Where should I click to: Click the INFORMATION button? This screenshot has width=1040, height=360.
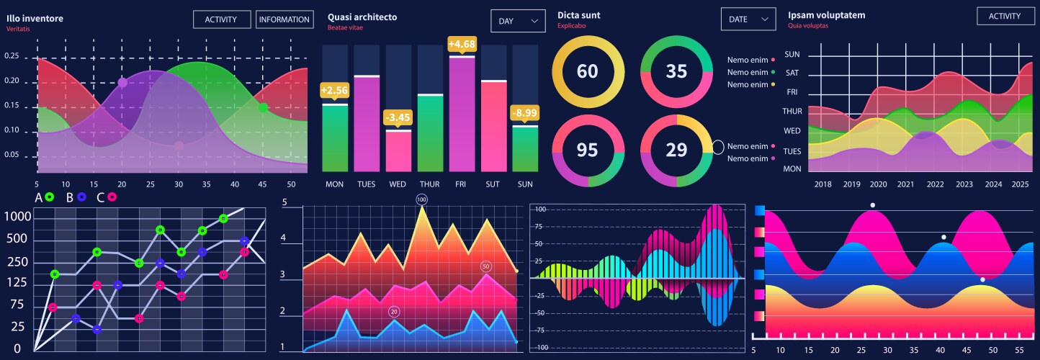pyautogui.click(x=284, y=19)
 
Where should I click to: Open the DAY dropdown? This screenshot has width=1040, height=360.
pyautogui.click(x=518, y=21)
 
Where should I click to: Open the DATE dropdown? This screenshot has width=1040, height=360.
pyautogui.click(x=748, y=19)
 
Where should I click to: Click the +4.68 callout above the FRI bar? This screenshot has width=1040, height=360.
pyautogui.click(x=462, y=45)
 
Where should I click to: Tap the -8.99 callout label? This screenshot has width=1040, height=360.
pyautogui.click(x=524, y=113)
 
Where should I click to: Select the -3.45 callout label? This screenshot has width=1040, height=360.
pyautogui.click(x=398, y=117)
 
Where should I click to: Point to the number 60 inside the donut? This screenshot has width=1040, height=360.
pyautogui.click(x=588, y=71)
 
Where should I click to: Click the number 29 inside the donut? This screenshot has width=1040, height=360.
pyautogui.click(x=676, y=150)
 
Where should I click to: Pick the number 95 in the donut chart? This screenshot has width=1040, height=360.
pyautogui.click(x=588, y=150)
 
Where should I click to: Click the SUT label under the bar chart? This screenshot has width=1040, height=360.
pyautogui.click(x=493, y=184)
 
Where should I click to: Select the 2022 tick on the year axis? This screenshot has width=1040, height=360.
pyautogui.click(x=935, y=184)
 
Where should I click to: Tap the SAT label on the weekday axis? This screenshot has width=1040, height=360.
pyautogui.click(x=792, y=73)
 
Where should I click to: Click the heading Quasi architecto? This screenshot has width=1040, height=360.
pyautogui.click(x=362, y=17)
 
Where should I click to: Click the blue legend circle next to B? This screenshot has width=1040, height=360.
pyautogui.click(x=82, y=197)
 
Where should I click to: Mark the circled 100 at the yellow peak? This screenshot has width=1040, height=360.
pyautogui.click(x=422, y=199)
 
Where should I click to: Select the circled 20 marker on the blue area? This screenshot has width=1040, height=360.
pyautogui.click(x=394, y=311)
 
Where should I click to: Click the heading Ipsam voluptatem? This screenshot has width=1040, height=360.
pyautogui.click(x=826, y=15)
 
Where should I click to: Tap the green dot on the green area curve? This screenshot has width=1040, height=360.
pyautogui.click(x=263, y=107)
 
